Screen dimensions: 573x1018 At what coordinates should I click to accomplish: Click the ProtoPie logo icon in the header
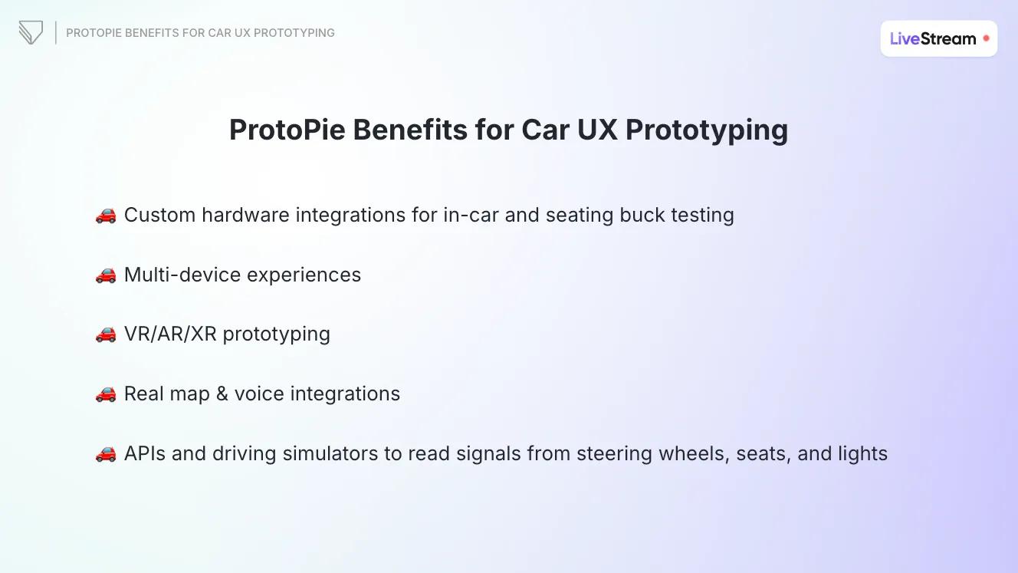point(31,33)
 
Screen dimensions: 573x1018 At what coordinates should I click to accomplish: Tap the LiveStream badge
point(938,38)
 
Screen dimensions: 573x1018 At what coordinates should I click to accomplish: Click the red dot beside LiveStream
point(986,38)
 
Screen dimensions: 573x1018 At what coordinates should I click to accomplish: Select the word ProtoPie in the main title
point(287,130)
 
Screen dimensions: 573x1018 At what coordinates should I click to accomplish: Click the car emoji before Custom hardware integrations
point(106,216)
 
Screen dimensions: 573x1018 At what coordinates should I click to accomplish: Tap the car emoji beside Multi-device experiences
point(106,275)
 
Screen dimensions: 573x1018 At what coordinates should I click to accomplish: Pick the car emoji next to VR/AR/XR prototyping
point(106,334)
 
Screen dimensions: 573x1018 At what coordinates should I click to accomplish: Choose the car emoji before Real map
point(106,394)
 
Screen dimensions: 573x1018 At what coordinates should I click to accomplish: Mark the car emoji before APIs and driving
point(106,454)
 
